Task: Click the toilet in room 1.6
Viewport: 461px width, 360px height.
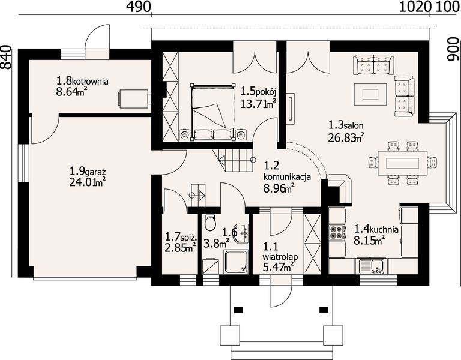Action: (210, 223)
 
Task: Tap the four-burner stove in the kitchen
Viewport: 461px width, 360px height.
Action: (337, 232)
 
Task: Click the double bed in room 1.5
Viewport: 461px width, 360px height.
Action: (213, 112)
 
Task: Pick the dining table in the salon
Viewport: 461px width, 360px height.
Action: (403, 163)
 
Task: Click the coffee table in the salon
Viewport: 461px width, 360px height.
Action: (370, 94)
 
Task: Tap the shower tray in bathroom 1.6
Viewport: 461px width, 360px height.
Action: (237, 262)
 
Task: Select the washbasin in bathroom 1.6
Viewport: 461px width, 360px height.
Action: (241, 233)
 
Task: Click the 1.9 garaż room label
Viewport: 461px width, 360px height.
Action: (88, 171)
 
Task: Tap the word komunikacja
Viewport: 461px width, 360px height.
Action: (287, 177)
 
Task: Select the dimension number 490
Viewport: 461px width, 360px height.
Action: (139, 7)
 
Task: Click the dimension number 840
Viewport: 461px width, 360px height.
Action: (6, 58)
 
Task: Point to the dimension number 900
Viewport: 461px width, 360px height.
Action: (453, 49)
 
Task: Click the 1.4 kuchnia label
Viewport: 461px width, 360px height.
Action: (376, 229)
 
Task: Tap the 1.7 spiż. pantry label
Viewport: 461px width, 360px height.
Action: (181, 236)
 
